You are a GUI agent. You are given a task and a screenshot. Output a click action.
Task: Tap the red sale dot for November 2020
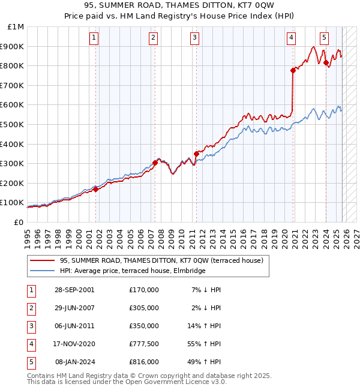pyautogui.click(x=293, y=70)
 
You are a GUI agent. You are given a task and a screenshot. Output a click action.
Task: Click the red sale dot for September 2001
pyautogui.click(x=96, y=189)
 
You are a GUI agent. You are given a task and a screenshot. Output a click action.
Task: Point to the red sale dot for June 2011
pyautogui.click(x=196, y=154)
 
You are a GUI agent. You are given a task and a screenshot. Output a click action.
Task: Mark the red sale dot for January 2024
pyautogui.click(x=326, y=62)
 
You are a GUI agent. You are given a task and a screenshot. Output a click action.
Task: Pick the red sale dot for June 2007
pyautogui.click(x=155, y=163)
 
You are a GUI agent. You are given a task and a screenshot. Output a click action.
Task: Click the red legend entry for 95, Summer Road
pyautogui.click(x=162, y=260)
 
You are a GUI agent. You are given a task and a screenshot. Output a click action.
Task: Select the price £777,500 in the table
pyautogui.click(x=144, y=344)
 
